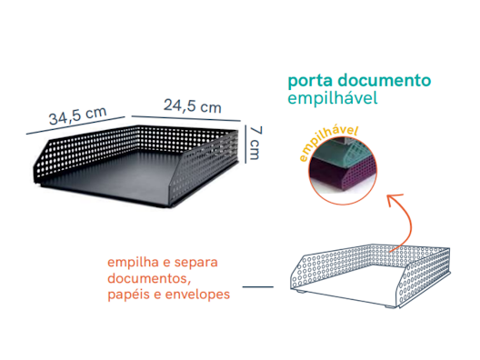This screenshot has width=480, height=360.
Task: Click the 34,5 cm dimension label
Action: (x=77, y=116)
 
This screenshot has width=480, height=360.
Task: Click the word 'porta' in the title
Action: (x=310, y=80)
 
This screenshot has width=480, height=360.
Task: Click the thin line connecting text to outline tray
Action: (x=258, y=286)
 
